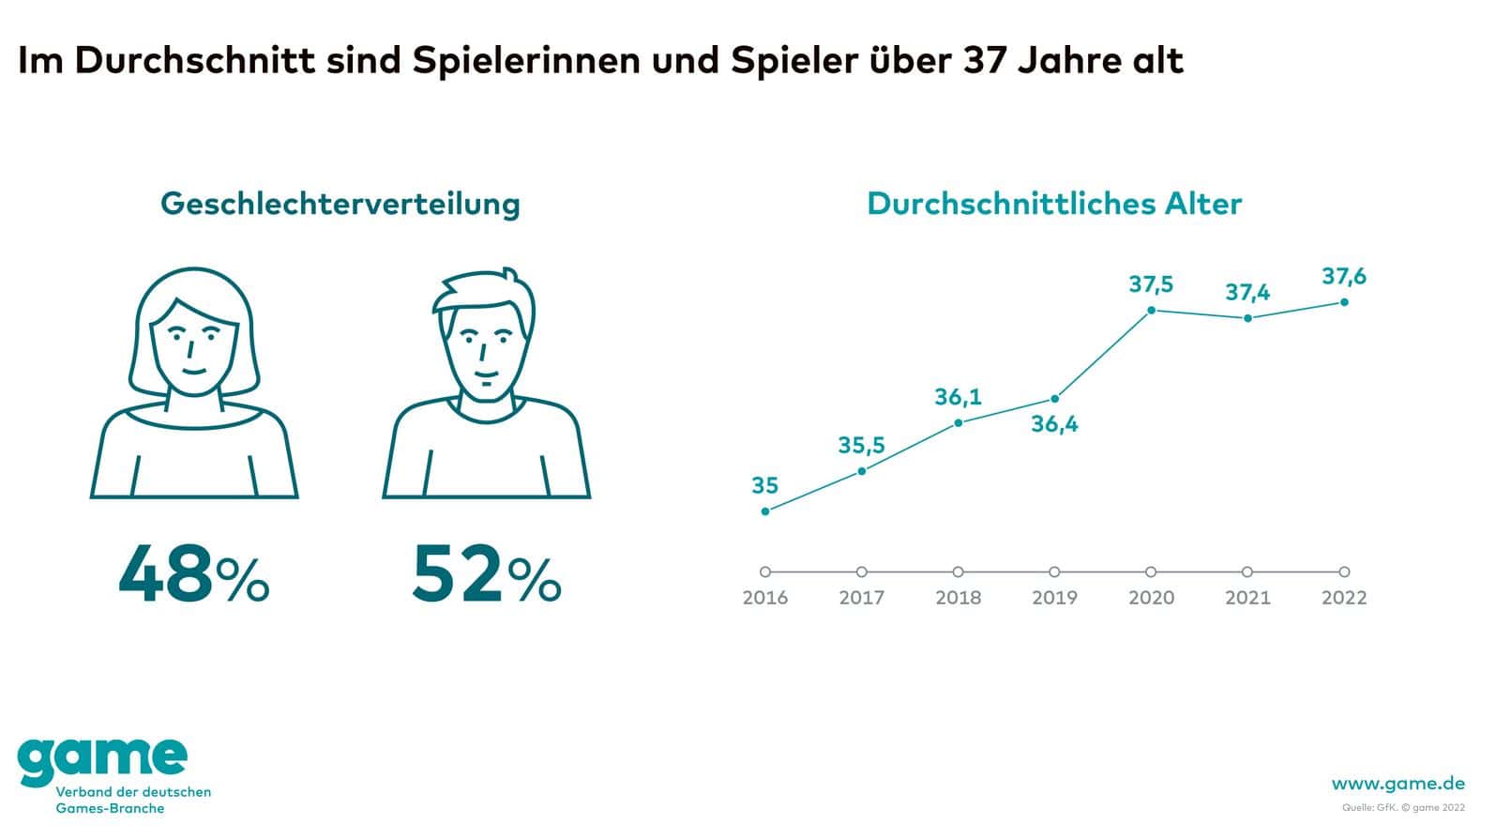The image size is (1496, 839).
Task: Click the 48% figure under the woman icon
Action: pos(193,574)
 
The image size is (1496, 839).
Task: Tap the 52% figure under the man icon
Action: pos(486,574)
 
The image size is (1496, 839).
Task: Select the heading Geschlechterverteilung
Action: pos(340,204)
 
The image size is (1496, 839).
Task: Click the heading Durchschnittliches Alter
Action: pos(1054,204)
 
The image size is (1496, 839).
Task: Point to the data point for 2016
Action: pos(765,511)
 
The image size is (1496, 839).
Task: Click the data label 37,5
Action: pos(1151,283)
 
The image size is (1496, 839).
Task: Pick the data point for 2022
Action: pos(1344,302)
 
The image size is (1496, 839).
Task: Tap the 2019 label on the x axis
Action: pos(1054,598)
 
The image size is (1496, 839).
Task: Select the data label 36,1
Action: pos(958,397)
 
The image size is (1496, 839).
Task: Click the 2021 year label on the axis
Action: pos(1247,598)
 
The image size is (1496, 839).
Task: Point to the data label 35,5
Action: pos(861,445)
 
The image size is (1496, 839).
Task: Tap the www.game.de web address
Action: pos(1398,784)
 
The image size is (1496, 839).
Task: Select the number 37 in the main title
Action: pos(984,61)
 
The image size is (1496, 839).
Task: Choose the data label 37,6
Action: pos(1344,276)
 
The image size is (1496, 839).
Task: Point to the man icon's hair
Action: pos(483,291)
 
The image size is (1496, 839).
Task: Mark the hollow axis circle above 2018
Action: pos(958,572)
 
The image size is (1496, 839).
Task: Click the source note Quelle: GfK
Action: pos(1370,807)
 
